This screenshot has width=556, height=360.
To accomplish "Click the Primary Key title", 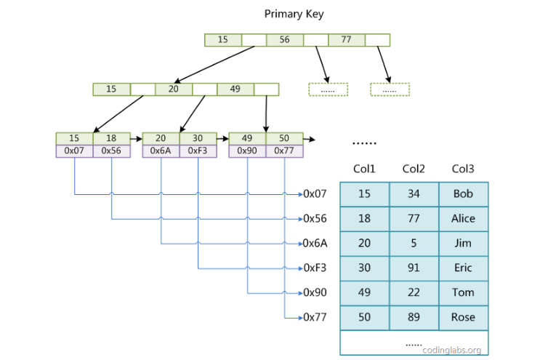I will tap(294, 14).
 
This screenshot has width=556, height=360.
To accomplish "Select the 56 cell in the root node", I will tap(284, 40).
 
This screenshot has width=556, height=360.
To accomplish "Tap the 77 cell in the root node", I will tap(346, 40).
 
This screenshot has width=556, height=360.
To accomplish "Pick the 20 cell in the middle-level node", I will tap(173, 89).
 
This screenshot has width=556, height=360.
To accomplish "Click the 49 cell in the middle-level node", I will tap(235, 89).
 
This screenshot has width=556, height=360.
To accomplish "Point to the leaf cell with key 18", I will tap(111, 138).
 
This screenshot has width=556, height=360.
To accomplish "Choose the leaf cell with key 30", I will tap(198, 138).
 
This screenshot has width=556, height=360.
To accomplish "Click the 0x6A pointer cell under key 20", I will tap(161, 151).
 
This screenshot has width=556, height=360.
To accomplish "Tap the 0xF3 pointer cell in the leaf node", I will tap(198, 151).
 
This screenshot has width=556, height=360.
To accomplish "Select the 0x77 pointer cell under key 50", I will tap(284, 151).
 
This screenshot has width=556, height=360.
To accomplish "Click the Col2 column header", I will tap(414, 169).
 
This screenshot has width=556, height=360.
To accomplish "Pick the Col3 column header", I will tap(463, 169).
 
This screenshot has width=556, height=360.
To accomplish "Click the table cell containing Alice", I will tap(463, 218).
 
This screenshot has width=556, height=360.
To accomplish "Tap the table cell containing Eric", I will tap(463, 268).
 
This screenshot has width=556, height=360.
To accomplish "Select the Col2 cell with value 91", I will tap(414, 268).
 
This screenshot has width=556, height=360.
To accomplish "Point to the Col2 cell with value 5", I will tap(414, 243).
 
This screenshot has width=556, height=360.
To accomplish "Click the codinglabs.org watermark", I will tap(451, 349).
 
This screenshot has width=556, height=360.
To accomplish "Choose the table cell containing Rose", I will tap(463, 317).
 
